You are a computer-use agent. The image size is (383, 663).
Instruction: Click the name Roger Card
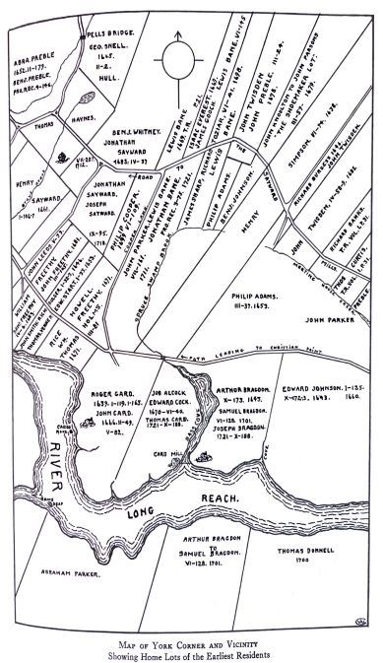click(x=105, y=387)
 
